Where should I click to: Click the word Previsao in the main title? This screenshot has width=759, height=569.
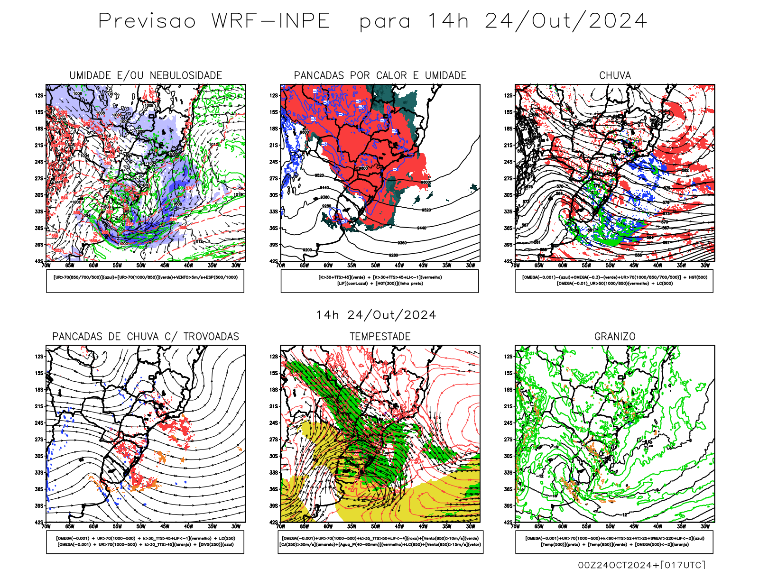pyautogui.click(x=147, y=21)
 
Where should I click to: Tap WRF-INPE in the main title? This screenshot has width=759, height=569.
pyautogui.click(x=271, y=21)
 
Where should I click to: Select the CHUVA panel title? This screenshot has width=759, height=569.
pyautogui.click(x=615, y=75)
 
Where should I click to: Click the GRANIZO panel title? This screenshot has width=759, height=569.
pyautogui.click(x=615, y=337)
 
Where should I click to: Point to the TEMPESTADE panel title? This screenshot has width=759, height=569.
pyautogui.click(x=380, y=337)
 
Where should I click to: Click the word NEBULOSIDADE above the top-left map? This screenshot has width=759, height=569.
pyautogui.click(x=186, y=75)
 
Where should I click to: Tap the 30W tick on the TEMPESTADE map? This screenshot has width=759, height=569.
pyautogui.click(x=470, y=526)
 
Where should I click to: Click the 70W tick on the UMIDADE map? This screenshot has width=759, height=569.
pyautogui.click(x=46, y=265)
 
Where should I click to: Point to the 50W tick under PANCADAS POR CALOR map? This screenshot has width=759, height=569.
pyautogui.click(x=375, y=265)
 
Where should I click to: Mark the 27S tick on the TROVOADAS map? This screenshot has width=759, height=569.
pyautogui.click(x=39, y=440)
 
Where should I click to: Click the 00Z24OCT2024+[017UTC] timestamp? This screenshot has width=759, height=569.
pyautogui.click(x=641, y=564)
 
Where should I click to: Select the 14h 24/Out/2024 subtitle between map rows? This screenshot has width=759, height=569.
pyautogui.click(x=376, y=315)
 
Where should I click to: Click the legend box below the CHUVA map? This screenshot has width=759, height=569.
pyautogui.click(x=614, y=281)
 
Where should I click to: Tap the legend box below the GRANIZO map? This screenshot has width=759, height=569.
pyautogui.click(x=614, y=541)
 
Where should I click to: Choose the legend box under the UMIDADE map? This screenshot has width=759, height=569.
pyautogui.click(x=145, y=281)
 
